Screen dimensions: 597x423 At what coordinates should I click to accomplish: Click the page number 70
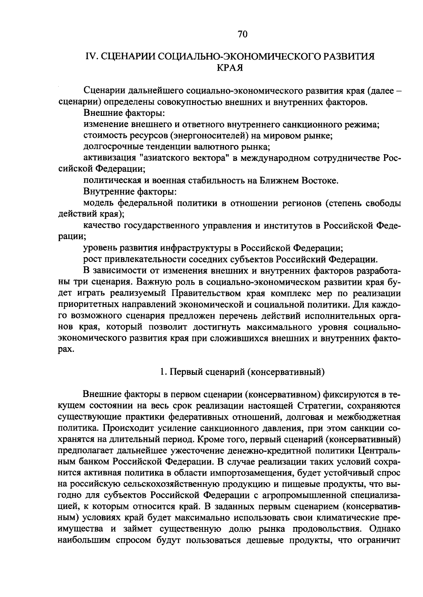click(x=243, y=34)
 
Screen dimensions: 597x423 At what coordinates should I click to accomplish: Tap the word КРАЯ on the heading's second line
click(x=231, y=68)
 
